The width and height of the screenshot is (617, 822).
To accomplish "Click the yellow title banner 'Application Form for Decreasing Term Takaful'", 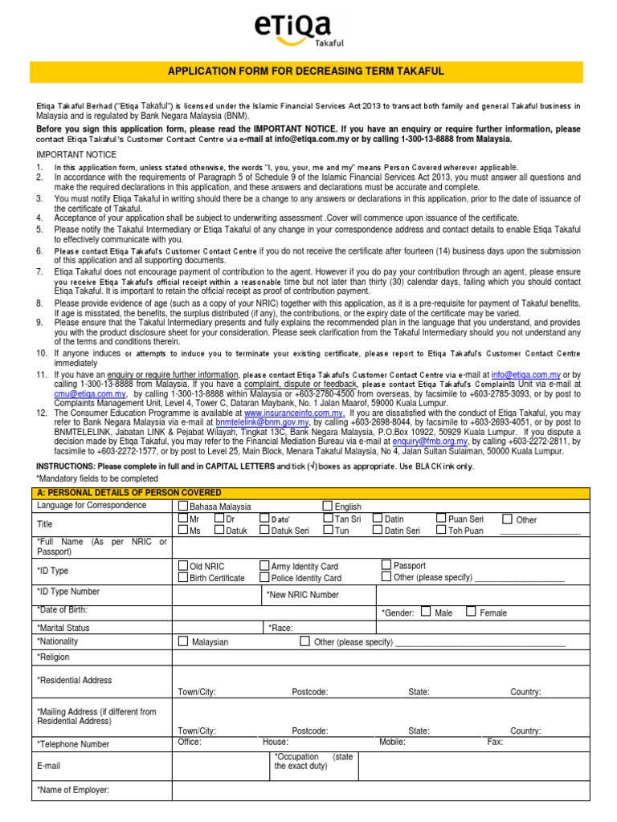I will (308, 71).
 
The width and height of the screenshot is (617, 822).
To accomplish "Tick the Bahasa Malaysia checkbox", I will (182, 506).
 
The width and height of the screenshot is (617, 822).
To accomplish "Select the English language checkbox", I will (327, 506).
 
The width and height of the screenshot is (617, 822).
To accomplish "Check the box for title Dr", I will (219, 519).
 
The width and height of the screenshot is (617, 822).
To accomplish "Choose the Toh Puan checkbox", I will (441, 530).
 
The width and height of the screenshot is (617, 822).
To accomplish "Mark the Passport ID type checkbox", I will (386, 565).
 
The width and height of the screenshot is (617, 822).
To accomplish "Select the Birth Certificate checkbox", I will (182, 577).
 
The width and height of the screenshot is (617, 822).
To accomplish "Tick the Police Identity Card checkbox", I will (264, 577).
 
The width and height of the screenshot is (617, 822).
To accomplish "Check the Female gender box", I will (471, 612).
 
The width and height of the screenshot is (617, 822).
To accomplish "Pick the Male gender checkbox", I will (425, 612).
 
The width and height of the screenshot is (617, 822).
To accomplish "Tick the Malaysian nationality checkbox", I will (182, 641).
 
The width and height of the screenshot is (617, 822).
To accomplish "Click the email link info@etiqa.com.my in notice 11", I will (526, 375).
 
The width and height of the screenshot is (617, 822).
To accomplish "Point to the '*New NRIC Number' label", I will (302, 595).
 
